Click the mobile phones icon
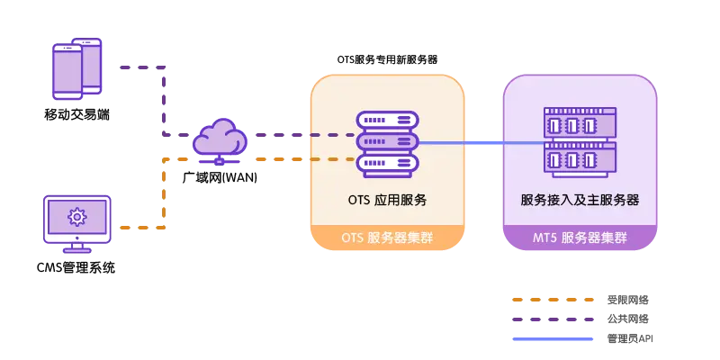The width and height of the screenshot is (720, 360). point(76,69)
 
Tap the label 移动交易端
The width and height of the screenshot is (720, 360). point(77,114)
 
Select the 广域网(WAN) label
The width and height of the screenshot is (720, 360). point(219,177)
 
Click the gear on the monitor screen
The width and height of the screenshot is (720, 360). point(76,217)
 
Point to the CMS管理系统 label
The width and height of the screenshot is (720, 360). point(76,267)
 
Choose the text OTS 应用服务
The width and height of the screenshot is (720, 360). point(388,200)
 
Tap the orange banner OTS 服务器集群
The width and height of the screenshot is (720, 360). point(387,238)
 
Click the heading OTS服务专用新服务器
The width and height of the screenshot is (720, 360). point(388,60)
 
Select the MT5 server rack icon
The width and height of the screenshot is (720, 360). point(580,142)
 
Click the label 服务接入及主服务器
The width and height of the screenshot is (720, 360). point(580,200)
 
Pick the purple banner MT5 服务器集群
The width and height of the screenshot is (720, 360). point(580,238)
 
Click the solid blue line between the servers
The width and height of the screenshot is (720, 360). point(481,143)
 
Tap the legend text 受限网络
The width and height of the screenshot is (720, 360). point(627,301)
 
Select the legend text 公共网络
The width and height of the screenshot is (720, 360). point(627,319)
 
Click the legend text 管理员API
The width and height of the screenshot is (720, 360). point(630,339)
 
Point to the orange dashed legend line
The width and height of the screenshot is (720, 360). point(553,301)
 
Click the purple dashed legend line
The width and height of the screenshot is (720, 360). point(553,319)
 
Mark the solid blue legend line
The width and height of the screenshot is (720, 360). point(553,339)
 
